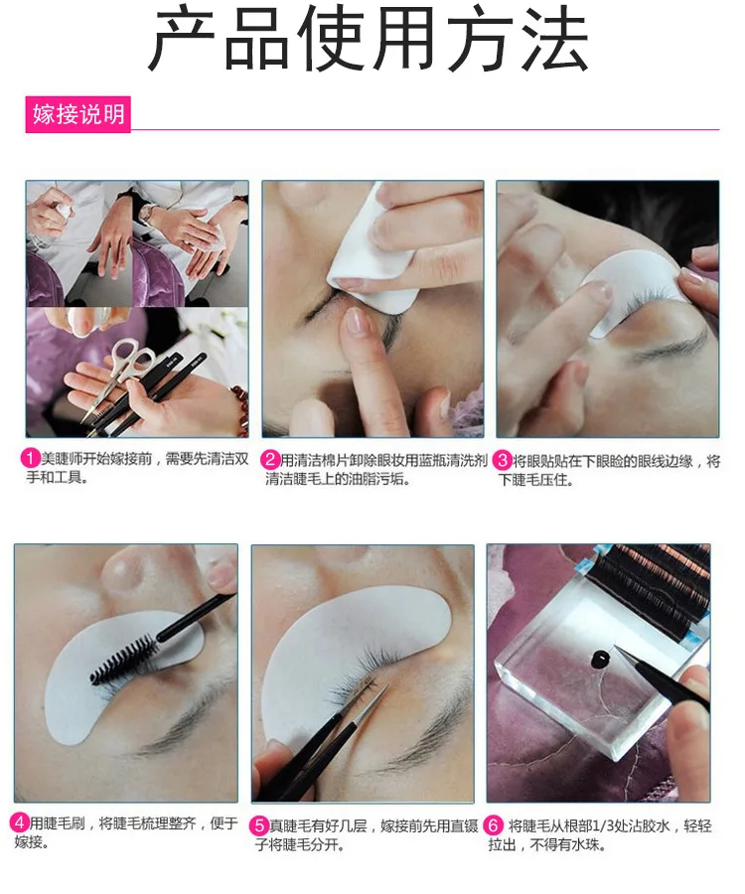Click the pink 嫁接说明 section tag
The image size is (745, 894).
tap(78, 114)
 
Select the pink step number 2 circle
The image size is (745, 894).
tap(271, 459)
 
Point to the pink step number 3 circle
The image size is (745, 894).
tap(503, 460)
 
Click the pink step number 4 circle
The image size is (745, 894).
tap(20, 822)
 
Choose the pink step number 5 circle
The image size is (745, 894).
tap(259, 825)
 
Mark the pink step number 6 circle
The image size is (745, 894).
tap(494, 825)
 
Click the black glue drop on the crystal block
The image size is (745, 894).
tap(600, 660)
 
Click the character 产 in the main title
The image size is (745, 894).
tap(182, 39)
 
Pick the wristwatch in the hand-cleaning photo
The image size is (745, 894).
tap(147, 213)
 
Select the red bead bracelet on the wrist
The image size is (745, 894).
tap(240, 405)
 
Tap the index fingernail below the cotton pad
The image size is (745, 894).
tap(357, 322)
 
